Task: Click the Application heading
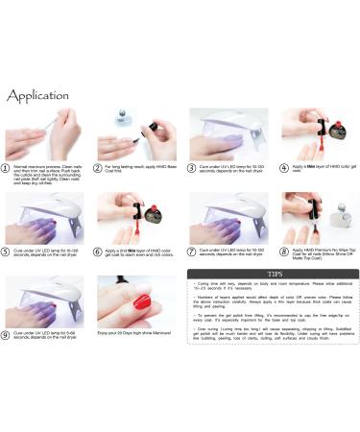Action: [38, 96]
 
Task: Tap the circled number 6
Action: [98, 252]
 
